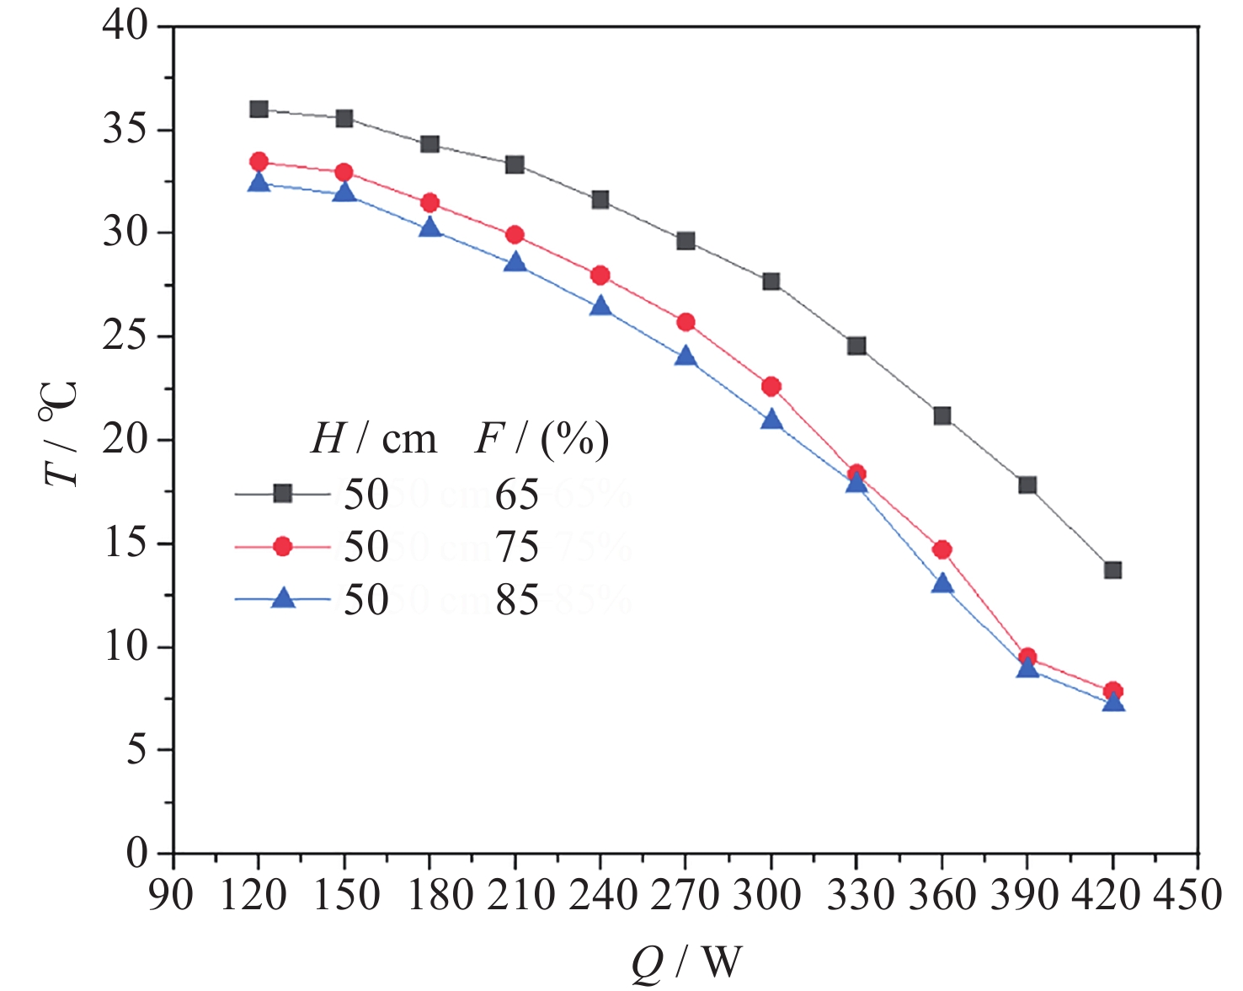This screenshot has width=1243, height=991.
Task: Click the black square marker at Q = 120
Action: (259, 110)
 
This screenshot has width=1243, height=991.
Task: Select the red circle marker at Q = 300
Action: (771, 387)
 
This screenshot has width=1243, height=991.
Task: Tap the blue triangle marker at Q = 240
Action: (600, 306)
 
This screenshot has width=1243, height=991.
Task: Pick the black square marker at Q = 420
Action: (1112, 570)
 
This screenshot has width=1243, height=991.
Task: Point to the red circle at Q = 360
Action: (942, 550)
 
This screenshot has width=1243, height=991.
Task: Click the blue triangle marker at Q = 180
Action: (429, 228)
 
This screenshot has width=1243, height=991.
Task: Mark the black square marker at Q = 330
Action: (856, 346)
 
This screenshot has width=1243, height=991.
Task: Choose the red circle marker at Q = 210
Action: (515, 235)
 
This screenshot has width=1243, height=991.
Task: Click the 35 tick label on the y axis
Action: (125, 131)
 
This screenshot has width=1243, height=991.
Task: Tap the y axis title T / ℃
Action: (61, 434)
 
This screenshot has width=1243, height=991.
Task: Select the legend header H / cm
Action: (373, 439)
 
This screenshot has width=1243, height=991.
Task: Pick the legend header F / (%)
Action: (541, 439)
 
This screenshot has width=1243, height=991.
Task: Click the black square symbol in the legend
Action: (283, 494)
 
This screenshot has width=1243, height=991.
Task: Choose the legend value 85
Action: (516, 599)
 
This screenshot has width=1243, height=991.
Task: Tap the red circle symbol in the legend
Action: (283, 547)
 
